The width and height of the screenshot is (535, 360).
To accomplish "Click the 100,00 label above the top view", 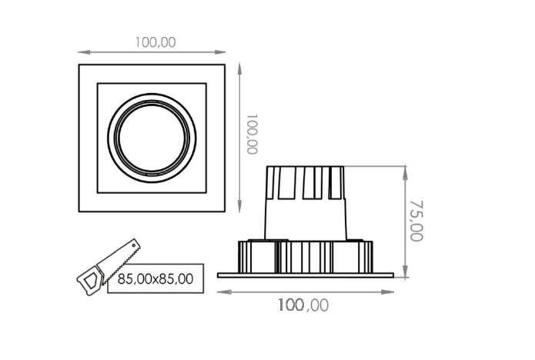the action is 155,42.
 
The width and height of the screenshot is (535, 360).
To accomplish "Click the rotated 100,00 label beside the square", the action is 252,135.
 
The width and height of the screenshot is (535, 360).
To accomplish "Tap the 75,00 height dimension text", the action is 416,221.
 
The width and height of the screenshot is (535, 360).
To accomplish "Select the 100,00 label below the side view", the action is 303,305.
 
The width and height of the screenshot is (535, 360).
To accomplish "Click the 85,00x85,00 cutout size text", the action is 155,279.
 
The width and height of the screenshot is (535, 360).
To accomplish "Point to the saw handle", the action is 90,281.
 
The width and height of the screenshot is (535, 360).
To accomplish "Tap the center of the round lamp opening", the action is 152,138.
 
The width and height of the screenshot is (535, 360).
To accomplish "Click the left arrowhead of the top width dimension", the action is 84,52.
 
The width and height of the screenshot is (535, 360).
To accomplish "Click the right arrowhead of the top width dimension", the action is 219,52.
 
